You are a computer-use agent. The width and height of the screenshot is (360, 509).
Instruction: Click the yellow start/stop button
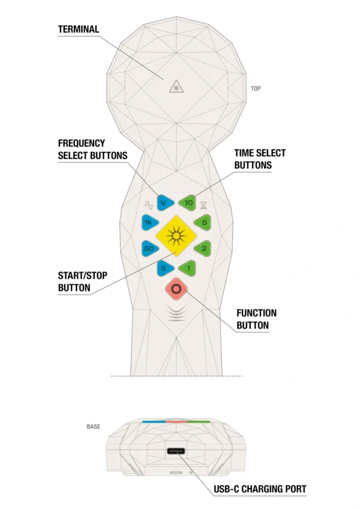[176, 236]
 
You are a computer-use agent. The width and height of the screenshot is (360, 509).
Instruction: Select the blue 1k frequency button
[149, 223]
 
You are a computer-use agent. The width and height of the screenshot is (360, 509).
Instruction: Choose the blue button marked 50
[149, 248]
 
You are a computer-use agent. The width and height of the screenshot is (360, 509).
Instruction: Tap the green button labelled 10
[188, 203]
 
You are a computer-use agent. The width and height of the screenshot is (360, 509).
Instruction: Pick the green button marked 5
[204, 223]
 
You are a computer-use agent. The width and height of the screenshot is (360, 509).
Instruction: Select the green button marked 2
[204, 248]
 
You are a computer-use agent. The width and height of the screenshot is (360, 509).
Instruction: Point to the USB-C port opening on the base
[176, 451]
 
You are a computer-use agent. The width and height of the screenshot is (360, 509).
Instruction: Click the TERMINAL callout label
[79, 29]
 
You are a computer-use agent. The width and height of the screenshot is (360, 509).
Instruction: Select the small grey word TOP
[256, 89]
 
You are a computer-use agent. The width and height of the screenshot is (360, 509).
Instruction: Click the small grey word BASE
[94, 427]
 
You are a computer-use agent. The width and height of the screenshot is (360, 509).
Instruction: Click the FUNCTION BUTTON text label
[257, 320]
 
